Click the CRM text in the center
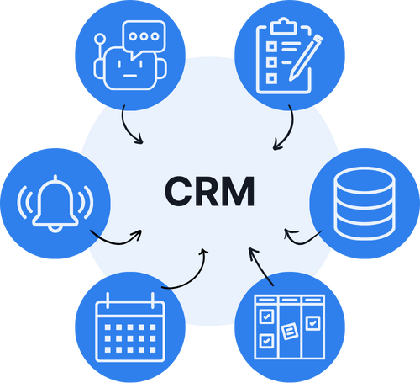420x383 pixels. (x=210, y=191)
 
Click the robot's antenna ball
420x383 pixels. (x=100, y=39)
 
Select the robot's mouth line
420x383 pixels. (x=130, y=76)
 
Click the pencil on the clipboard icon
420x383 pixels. (x=306, y=58)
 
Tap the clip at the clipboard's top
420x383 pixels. (x=284, y=27)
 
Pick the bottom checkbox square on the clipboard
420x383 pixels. (x=271, y=78)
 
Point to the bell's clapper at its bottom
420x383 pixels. (x=55, y=229)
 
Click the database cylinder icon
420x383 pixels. (x=365, y=204)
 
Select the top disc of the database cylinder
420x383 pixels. (x=365, y=180)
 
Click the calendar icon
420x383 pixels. (x=130, y=327)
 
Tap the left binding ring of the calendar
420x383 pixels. (x=108, y=301)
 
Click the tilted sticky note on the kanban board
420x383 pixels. (x=290, y=332)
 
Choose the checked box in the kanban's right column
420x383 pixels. (x=312, y=323)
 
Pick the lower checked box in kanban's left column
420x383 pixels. (x=266, y=341)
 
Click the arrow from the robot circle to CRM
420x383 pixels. (x=127, y=129)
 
